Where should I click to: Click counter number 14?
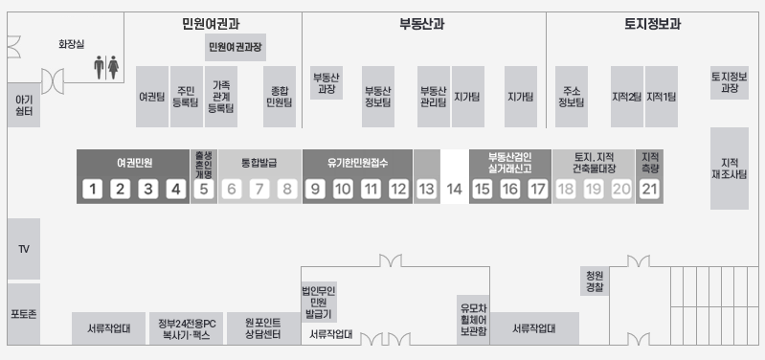tap(454, 189)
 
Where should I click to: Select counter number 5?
tap(203, 189)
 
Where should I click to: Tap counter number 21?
tap(650, 189)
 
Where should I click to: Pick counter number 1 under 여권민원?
tap(91, 189)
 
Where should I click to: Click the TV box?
tap(24, 249)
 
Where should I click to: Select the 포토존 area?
tap(24, 314)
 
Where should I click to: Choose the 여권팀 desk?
tap(151, 97)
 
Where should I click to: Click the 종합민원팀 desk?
tap(279, 97)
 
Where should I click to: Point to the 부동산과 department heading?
tap(421, 25)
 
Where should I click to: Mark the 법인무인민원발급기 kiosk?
tap(318, 302)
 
